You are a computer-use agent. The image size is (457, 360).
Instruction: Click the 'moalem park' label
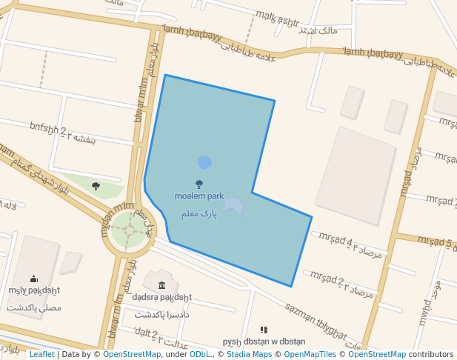coord(199,196)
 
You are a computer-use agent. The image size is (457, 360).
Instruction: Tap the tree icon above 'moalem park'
coord(199,184)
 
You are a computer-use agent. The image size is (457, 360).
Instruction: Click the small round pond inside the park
coord(204,162)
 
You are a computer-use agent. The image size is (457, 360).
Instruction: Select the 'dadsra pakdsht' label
coord(162,297)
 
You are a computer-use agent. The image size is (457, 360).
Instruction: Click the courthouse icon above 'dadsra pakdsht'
coord(162,284)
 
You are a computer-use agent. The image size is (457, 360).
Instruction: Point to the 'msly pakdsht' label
coord(34,290)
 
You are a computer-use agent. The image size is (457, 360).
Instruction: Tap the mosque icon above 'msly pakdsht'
coord(34,279)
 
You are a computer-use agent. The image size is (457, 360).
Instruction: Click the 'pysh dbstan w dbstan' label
coord(264,341)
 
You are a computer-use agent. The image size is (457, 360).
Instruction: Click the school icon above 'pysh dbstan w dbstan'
coord(264,330)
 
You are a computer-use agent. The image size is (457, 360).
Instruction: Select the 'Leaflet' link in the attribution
coord(41,355)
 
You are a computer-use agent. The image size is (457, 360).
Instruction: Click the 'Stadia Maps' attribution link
coord(249,355)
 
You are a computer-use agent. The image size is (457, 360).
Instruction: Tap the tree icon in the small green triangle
coord(96,186)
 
